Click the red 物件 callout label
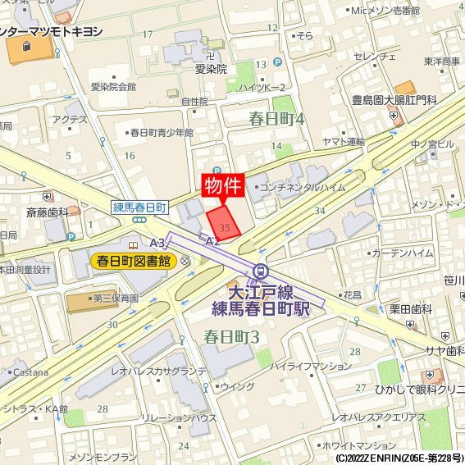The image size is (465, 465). (222, 185)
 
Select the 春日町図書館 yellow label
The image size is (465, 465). (134, 262)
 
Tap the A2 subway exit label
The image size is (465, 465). (212, 241)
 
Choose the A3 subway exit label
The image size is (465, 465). (157, 243)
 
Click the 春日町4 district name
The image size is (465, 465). (276, 119)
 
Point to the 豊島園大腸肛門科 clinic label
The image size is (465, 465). (394, 100)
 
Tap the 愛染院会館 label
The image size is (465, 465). (113, 86)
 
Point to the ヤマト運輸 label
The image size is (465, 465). (343, 142)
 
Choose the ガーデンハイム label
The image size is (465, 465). (402, 253)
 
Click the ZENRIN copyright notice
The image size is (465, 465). (399, 458)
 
